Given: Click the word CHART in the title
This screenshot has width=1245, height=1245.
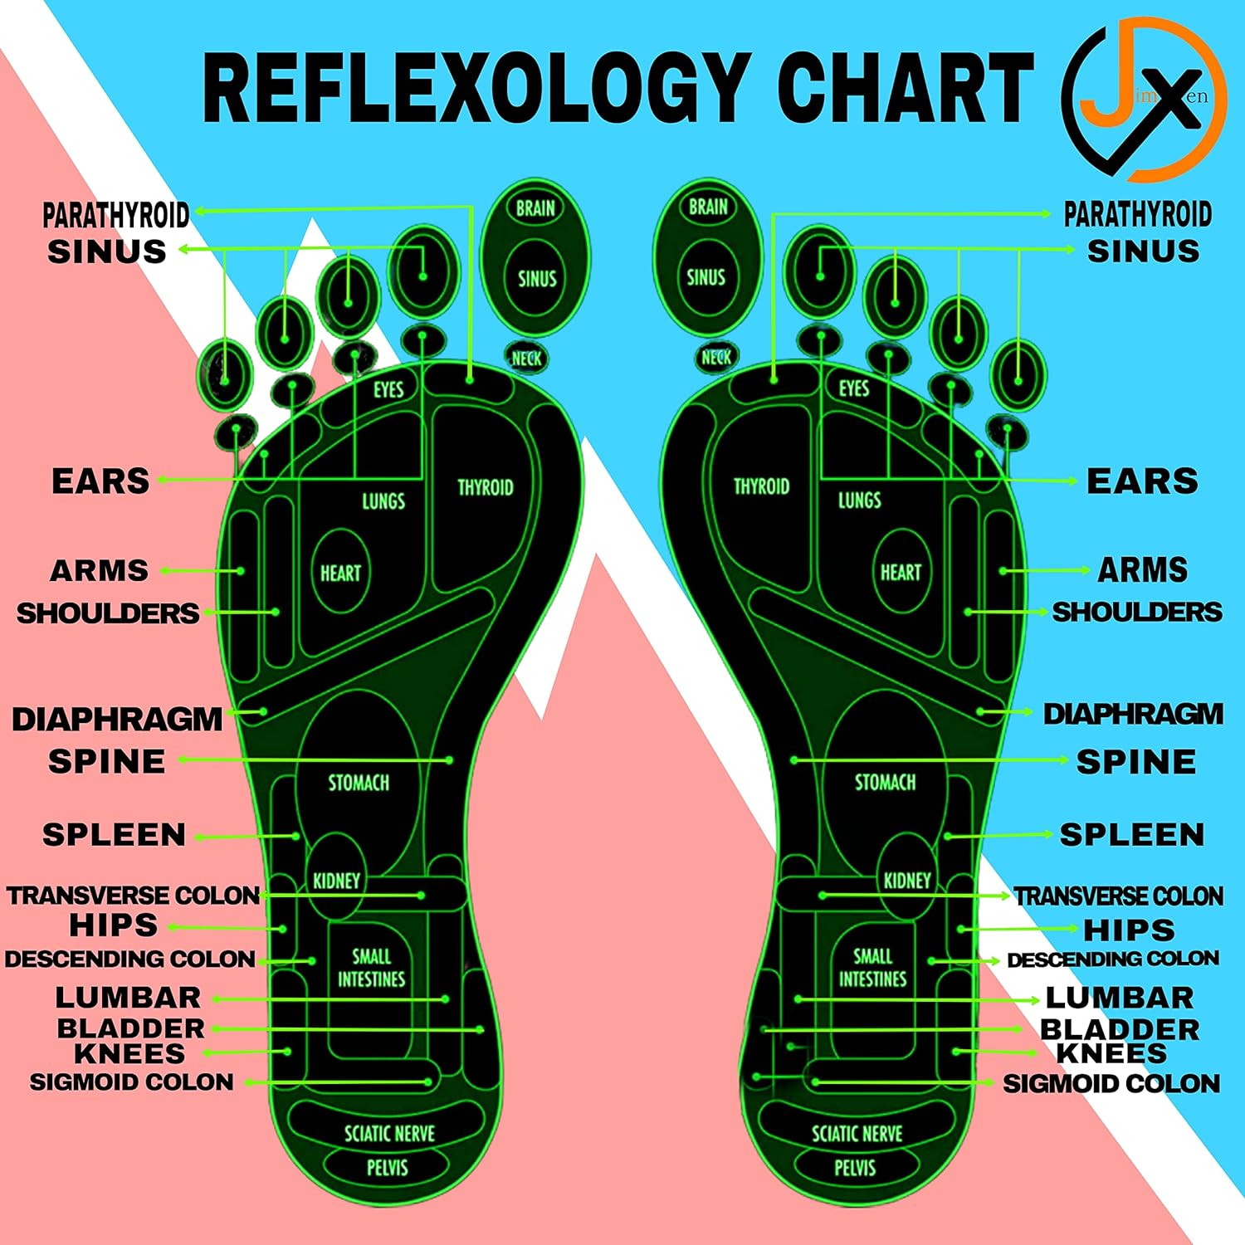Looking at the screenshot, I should (x=905, y=88).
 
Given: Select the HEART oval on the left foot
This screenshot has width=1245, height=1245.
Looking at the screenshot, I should (x=340, y=573).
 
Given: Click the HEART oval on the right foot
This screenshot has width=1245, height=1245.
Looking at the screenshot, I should (x=901, y=572).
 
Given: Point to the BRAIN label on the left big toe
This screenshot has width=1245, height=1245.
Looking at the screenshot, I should (x=535, y=208).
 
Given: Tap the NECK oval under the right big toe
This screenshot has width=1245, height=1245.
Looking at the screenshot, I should (x=715, y=358).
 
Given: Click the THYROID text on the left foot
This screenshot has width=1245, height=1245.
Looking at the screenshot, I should (x=486, y=487).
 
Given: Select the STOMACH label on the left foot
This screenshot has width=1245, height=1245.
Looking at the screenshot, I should (x=359, y=783).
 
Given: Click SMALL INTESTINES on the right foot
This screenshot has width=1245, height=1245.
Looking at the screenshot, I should (x=872, y=968).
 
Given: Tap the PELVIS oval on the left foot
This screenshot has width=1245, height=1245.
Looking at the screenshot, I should (x=387, y=1168).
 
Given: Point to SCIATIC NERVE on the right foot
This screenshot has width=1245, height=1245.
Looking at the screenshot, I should (x=857, y=1134).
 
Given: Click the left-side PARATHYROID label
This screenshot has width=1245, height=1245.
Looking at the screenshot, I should (x=116, y=215).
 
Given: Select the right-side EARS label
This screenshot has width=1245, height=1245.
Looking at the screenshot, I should (x=1142, y=481).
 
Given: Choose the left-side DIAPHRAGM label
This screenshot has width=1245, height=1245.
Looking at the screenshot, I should (x=117, y=719).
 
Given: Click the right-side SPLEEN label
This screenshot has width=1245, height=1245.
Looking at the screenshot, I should (x=1131, y=835).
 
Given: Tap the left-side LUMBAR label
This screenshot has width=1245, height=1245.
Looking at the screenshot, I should (x=128, y=997).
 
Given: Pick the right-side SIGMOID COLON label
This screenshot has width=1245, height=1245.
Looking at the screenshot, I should (x=1111, y=1083).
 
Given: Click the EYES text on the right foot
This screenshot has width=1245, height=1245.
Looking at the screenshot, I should (x=853, y=388).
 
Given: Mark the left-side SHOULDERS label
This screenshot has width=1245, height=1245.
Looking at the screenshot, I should (x=108, y=613).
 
